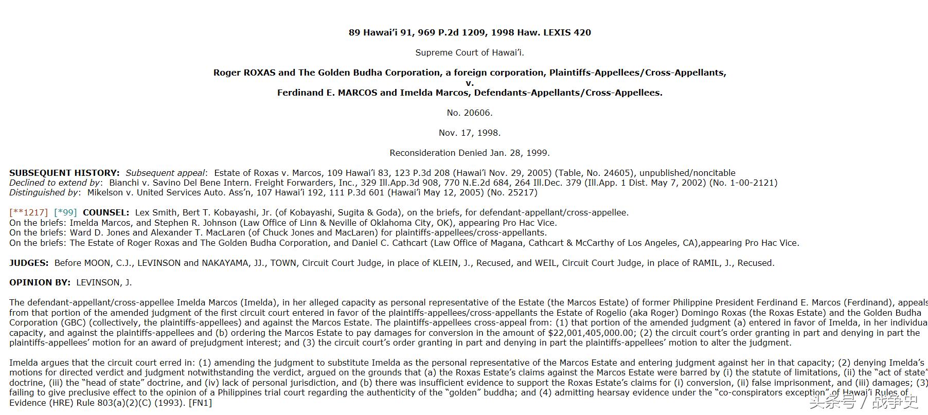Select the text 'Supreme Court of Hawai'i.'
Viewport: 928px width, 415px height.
[469, 52]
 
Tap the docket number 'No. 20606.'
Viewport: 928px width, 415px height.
[469, 113]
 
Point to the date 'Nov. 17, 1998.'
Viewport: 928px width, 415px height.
[469, 133]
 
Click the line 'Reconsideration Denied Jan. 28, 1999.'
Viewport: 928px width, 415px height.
[469, 153]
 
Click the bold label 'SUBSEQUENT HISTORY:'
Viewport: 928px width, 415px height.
[64, 173]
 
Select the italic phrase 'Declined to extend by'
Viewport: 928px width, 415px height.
[55, 183]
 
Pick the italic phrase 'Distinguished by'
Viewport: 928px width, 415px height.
[44, 192]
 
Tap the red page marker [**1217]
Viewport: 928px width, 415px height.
[28, 212]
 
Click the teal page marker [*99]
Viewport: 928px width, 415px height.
[65, 212]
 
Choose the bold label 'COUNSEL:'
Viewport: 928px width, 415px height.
[106, 212]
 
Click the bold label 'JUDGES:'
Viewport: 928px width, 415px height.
[29, 263]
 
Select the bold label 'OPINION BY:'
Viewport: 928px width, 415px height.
[40, 282]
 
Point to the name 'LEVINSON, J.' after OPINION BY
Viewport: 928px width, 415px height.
[104, 282]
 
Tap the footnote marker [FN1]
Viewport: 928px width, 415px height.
[200, 403]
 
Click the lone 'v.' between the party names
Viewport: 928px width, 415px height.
[469, 83]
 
